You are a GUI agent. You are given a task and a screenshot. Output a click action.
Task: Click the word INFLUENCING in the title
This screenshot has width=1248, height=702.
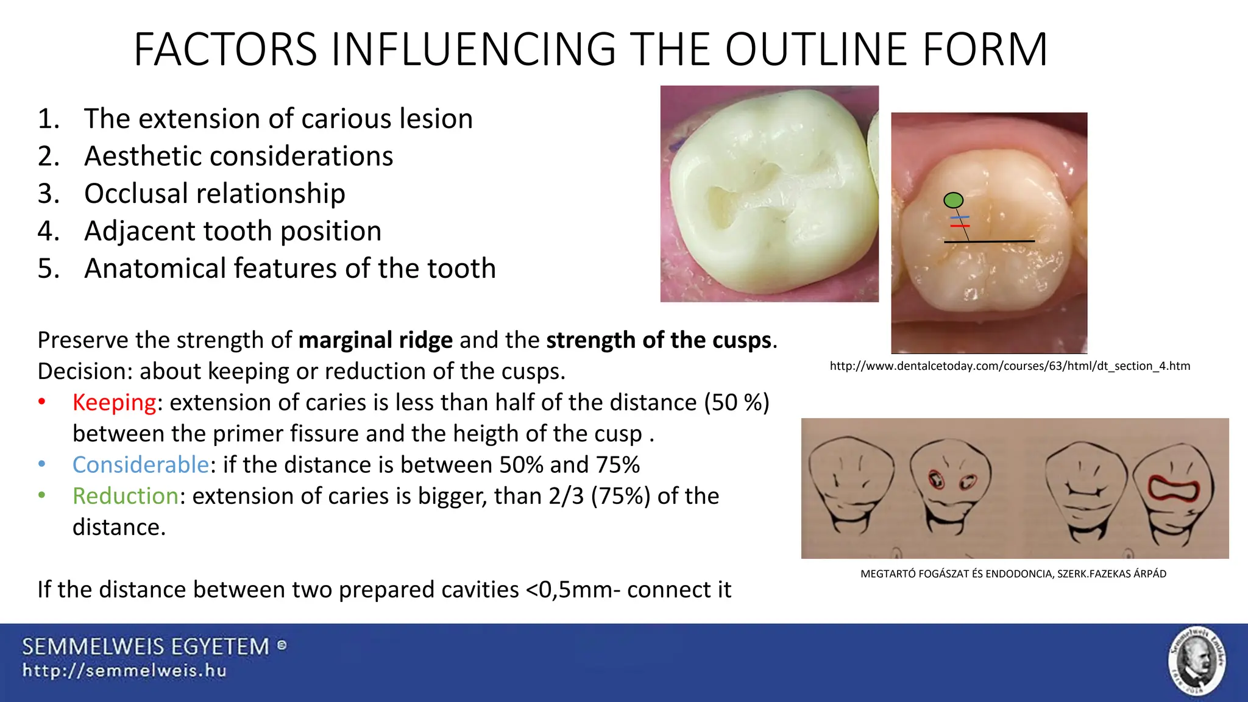coord(473,49)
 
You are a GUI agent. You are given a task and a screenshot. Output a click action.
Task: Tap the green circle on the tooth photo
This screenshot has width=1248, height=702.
coord(953,200)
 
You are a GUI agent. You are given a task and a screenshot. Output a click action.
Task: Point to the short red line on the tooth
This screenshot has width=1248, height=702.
coord(960,226)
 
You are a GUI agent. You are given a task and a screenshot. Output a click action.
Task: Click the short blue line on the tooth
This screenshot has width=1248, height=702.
coord(960,217)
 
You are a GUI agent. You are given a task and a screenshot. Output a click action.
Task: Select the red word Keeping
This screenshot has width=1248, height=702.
coord(114,403)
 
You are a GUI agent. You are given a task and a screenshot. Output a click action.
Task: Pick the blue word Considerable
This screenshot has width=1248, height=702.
coord(141,465)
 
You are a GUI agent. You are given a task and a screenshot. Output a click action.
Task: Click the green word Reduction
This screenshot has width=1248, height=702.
coord(125,496)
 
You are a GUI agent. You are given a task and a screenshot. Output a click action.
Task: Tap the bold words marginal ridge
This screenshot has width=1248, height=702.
coord(375,340)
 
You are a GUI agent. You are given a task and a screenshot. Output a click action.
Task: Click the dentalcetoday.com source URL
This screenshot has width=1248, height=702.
coord(1010,366)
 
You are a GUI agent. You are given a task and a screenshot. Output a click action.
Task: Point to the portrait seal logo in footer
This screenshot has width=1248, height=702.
coord(1197,661)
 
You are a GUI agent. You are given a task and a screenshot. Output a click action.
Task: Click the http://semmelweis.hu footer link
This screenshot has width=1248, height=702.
coord(124,671)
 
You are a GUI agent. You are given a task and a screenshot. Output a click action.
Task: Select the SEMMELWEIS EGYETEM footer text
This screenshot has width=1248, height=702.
coord(146,647)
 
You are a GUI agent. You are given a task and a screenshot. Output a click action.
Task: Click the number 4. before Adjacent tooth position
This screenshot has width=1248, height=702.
coord(49,231)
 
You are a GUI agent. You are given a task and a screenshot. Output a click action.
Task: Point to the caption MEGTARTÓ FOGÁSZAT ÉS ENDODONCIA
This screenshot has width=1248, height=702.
coord(1013,574)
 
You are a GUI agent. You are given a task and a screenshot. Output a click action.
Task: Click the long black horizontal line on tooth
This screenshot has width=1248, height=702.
coord(989,242)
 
